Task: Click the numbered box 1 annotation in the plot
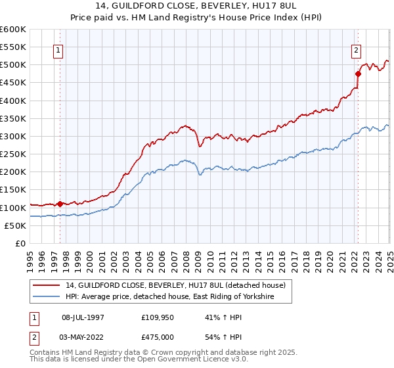pos(58,51)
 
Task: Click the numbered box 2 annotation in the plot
pos(356,51)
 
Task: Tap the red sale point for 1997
pos(60,204)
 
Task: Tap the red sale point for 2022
pos(358,74)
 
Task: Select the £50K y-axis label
pos(15,225)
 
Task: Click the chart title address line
pos(197,9)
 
